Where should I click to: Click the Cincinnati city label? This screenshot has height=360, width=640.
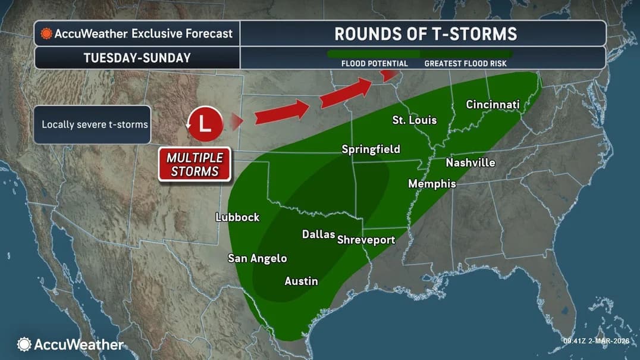[492, 105]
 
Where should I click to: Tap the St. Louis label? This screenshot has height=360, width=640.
[414, 120]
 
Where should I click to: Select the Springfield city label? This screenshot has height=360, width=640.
[371, 149]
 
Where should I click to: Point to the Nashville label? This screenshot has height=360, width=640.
[470, 162]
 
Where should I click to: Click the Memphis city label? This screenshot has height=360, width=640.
[432, 184]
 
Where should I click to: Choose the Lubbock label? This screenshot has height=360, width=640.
[237, 217]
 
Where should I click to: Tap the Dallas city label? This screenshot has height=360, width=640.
[318, 234]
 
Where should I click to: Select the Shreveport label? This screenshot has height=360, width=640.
[366, 240]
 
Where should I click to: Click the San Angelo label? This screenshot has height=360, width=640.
[257, 258]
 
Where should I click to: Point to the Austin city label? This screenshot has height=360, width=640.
[301, 281]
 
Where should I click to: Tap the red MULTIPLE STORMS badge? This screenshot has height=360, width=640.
[194, 165]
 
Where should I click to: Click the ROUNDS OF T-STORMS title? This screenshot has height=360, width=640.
[425, 33]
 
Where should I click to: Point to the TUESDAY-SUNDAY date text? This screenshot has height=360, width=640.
[137, 58]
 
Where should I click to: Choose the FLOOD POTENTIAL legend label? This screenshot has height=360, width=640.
[374, 64]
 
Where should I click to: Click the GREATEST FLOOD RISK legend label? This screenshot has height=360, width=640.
[465, 64]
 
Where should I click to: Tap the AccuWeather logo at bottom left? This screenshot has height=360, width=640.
[70, 344]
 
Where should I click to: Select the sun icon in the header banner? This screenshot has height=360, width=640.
[46, 34]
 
